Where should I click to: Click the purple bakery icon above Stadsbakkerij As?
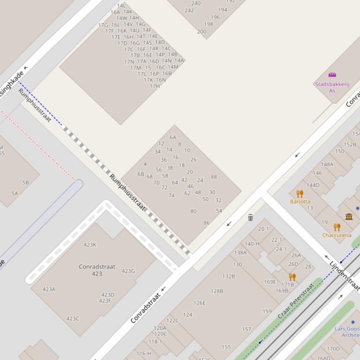[x=332, y=75]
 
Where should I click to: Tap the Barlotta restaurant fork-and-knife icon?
[x=300, y=194]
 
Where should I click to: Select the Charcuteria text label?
[x=337, y=235]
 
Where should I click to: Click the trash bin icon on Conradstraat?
[x=250, y=217]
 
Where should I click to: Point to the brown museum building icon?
[x=349, y=216]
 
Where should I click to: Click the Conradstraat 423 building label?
[x=97, y=270]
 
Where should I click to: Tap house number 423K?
[x=90, y=245]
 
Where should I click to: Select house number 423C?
[x=73, y=319]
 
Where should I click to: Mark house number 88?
[x=214, y=177]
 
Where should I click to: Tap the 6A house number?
[x=173, y=137]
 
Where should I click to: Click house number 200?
[x=201, y=32]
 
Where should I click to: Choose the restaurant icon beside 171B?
[x=293, y=277]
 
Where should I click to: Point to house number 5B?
[x=25, y=182]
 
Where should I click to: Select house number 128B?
[x=217, y=291]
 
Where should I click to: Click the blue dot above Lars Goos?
[x=353, y=322]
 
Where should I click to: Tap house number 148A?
[x=327, y=164]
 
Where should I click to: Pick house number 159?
[x=267, y=311]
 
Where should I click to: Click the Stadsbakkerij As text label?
[x=332, y=87]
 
